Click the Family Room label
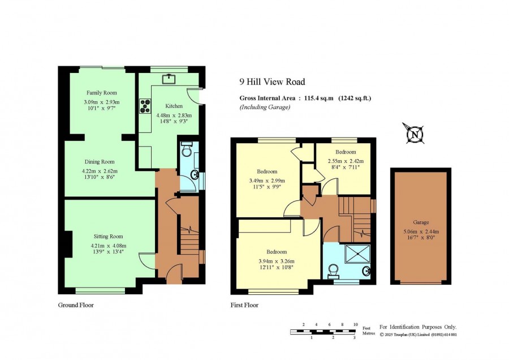102,93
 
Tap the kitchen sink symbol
169,79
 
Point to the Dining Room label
100,162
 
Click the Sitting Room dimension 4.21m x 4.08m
109,246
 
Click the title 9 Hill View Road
273,82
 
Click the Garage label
421,222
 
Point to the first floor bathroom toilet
334,272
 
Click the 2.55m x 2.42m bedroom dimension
346,161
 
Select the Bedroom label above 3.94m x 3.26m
277,252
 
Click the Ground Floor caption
76,305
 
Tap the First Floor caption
244,305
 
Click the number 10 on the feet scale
356,324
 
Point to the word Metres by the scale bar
368,333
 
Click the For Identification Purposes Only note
418,327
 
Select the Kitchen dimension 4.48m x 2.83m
174,115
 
